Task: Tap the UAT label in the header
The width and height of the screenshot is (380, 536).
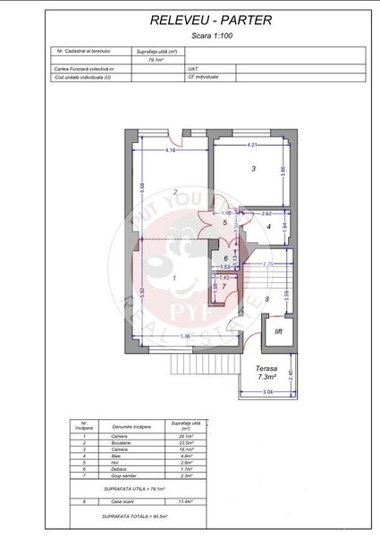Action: (193, 68)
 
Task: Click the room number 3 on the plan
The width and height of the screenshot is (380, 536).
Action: (253, 168)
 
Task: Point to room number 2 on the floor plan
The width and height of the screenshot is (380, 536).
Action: (175, 192)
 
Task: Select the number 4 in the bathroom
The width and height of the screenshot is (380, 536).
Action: (268, 227)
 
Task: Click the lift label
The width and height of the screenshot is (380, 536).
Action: (277, 333)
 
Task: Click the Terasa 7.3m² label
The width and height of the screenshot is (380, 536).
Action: (266, 373)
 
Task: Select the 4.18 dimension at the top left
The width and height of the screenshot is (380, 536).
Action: (170, 150)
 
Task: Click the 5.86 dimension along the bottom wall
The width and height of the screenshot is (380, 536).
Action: (184, 336)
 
